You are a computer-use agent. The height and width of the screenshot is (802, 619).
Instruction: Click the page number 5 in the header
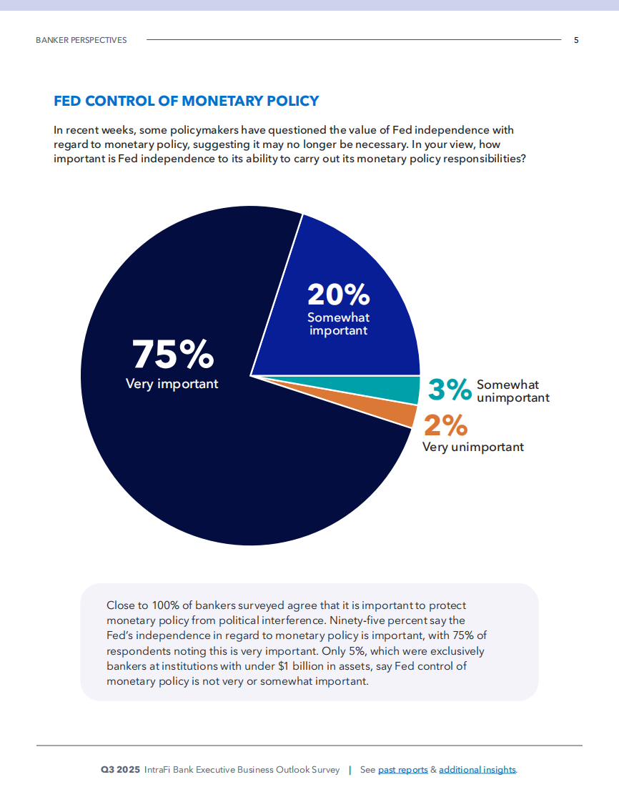pos(576,40)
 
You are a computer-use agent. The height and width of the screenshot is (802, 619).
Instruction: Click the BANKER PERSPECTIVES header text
pos(81,40)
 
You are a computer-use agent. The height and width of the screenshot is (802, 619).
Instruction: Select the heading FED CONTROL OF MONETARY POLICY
pos(187,101)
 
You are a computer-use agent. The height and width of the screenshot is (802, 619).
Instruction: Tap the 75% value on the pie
pos(173,353)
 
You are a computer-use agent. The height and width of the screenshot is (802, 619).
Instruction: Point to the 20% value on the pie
pos(338,294)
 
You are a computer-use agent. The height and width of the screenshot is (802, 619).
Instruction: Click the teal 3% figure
pos(450,390)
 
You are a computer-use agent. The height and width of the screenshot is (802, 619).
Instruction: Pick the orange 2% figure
pos(445,426)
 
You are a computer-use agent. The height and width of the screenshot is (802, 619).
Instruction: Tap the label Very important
pos(172,384)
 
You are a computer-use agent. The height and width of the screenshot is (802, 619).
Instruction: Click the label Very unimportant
pos(472,447)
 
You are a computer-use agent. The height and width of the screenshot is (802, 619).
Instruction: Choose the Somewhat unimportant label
pos(512,391)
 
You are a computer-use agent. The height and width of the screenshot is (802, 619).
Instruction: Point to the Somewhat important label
pos(338,324)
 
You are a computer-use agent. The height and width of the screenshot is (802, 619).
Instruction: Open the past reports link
pos(402,770)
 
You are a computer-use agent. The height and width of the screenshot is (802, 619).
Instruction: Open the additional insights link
pos(477,770)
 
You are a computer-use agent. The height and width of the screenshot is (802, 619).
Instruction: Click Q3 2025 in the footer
pos(120,770)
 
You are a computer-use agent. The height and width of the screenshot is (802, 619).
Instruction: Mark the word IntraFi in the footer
pos(158,770)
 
